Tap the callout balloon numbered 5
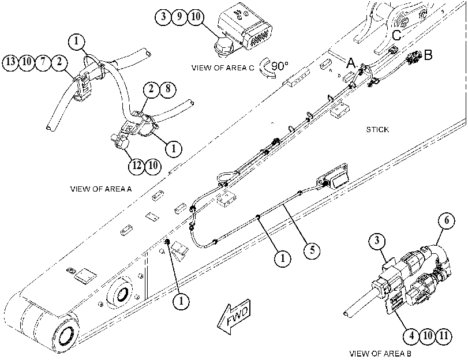point(312,249)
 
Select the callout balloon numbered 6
point(447,220)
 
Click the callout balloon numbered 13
point(11,62)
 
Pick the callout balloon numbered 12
point(137,166)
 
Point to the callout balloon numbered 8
point(168,89)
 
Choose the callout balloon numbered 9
point(179,16)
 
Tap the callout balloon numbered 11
point(444,336)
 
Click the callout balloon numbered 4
point(411,336)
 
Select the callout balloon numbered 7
point(43,62)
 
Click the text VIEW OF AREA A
point(101,189)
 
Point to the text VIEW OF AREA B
point(380,354)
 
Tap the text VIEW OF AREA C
point(223,67)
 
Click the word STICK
point(377,130)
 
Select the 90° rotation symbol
point(274,67)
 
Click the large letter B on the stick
point(428,55)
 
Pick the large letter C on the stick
point(397,36)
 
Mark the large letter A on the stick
point(351,63)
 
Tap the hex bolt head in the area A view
point(121,141)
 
